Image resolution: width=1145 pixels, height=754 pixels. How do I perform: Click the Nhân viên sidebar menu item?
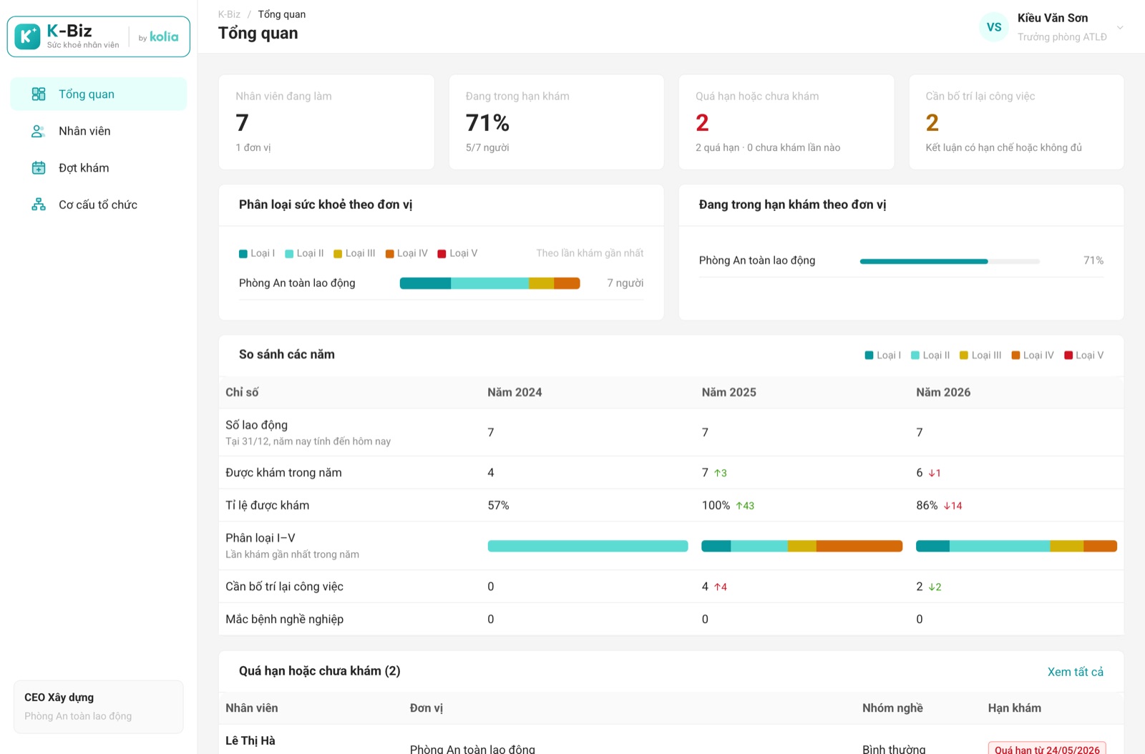click(x=84, y=132)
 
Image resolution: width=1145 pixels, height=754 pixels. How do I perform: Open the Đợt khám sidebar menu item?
click(x=83, y=168)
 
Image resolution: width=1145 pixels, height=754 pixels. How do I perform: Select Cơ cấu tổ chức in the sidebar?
click(x=97, y=205)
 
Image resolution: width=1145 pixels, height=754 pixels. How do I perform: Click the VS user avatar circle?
click(x=994, y=27)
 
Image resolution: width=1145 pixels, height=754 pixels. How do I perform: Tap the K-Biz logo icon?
click(x=28, y=36)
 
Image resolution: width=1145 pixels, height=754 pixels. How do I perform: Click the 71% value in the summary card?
click(x=487, y=122)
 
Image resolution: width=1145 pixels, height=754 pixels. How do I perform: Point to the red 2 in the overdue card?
click(x=702, y=122)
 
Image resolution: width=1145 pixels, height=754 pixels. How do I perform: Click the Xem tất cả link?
click(x=1075, y=672)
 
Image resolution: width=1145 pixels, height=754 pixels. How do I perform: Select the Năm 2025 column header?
click(x=729, y=392)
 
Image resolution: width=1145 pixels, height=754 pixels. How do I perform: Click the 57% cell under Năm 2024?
click(x=498, y=505)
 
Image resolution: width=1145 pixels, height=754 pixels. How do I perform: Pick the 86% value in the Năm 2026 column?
click(x=926, y=505)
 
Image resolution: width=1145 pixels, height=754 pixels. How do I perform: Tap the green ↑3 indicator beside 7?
click(x=720, y=473)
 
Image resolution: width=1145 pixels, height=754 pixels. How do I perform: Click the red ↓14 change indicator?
click(x=952, y=506)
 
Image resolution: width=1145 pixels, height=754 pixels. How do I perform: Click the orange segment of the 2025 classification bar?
click(x=859, y=546)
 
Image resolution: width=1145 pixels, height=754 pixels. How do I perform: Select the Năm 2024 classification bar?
click(x=588, y=546)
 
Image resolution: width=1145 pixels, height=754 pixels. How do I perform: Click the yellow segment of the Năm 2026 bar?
click(x=1067, y=546)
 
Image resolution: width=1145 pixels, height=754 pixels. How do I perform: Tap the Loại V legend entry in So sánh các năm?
click(x=1083, y=355)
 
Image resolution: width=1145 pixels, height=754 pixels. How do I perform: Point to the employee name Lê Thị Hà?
click(x=250, y=740)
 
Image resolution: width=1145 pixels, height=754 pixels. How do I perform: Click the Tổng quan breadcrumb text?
click(x=282, y=14)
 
